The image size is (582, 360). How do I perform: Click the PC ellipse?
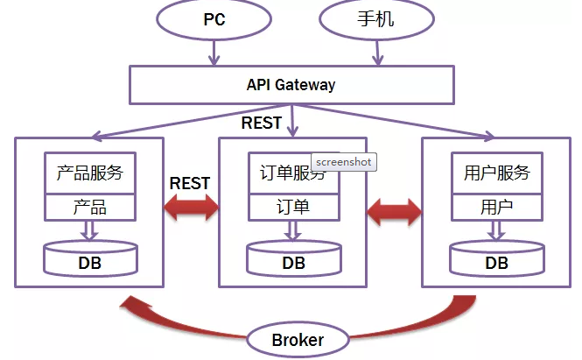click(x=214, y=20)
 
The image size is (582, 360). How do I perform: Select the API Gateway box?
click(x=291, y=85)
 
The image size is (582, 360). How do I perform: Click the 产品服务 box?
click(x=90, y=173)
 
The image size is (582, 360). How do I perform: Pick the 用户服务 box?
click(x=496, y=173)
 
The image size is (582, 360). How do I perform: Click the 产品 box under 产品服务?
click(x=90, y=207)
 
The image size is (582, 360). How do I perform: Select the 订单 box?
click(x=293, y=207)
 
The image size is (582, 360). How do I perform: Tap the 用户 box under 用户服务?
click(x=496, y=207)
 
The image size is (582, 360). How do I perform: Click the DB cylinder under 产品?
click(x=90, y=259)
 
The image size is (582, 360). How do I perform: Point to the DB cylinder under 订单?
click(x=293, y=259)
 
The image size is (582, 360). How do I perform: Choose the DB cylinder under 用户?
click(x=496, y=259)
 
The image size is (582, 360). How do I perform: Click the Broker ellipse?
click(x=298, y=340)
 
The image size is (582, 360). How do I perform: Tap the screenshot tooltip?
click(x=343, y=162)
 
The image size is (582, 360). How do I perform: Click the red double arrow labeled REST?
click(x=192, y=208)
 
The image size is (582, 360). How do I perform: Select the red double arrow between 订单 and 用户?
click(x=395, y=210)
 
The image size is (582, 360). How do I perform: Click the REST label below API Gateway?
click(x=261, y=123)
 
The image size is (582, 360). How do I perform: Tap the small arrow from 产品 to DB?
click(x=89, y=229)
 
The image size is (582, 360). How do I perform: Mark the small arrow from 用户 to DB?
click(x=495, y=229)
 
